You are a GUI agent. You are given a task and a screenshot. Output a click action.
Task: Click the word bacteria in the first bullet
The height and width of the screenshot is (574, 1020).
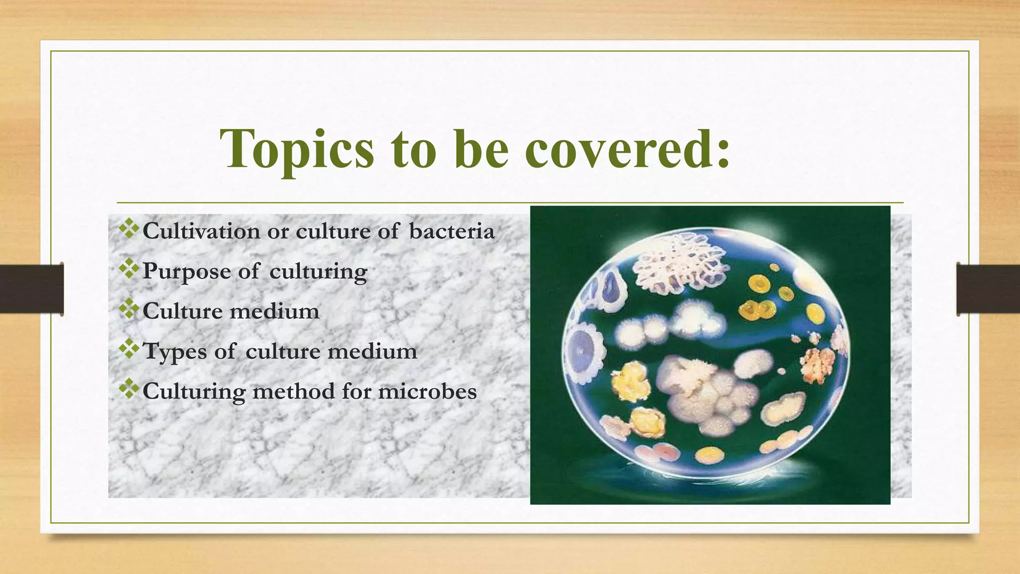[452, 231]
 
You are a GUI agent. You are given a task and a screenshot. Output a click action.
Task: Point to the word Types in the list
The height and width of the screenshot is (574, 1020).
[174, 352]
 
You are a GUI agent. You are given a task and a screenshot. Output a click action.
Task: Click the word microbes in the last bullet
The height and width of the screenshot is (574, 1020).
[427, 391]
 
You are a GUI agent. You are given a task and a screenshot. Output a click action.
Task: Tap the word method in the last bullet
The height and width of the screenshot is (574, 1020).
[294, 391]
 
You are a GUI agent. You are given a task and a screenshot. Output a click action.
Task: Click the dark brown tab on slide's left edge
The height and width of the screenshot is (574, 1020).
[31, 289]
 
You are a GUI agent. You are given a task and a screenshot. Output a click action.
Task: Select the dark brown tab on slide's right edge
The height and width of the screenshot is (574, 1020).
[988, 289]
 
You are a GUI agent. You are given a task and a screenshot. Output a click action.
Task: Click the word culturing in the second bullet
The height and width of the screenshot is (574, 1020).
[318, 272]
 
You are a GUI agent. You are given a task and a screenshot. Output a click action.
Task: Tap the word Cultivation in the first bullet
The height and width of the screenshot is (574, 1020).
[201, 231]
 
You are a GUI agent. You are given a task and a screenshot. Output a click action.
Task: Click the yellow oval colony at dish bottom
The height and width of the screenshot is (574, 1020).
[709, 453]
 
